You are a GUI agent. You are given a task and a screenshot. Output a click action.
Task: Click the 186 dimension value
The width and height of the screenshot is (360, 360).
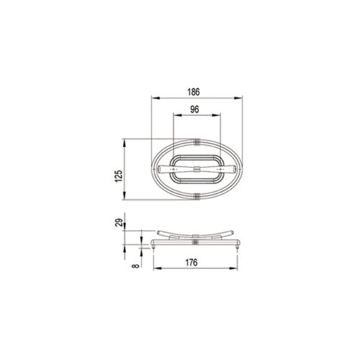[194, 92]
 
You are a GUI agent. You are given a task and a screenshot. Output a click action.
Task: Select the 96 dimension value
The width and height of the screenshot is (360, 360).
[194, 109]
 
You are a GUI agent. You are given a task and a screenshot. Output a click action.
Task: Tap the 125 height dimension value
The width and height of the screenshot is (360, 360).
[119, 176]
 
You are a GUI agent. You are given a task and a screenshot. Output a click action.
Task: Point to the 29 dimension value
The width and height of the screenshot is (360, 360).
[119, 222]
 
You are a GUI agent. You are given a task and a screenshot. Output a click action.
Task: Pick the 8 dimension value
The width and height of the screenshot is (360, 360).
[136, 266]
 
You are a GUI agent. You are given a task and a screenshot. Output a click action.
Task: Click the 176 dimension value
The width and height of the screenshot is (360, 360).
[192, 263]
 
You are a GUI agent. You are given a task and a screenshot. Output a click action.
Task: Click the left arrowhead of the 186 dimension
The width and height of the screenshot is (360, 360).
[156, 98]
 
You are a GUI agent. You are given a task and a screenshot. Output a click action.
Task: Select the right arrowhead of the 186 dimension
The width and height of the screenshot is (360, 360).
[238, 98]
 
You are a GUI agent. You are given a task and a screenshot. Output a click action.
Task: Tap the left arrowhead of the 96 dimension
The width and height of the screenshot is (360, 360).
[177, 115]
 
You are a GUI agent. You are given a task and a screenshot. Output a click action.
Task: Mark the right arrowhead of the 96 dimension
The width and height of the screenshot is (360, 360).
[216, 115]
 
